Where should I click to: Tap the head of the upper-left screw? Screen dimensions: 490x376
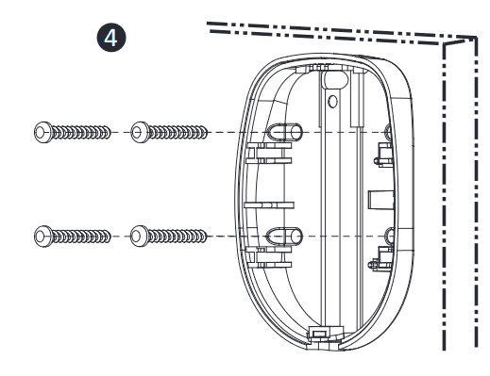[42, 132]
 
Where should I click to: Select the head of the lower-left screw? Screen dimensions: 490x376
[42, 237]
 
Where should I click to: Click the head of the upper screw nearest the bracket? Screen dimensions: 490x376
[140, 132]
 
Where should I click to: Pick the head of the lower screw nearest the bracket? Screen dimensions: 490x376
[140, 237]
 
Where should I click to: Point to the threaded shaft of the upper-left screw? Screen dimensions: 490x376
[81, 132]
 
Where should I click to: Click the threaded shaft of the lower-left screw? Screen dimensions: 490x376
[81, 237]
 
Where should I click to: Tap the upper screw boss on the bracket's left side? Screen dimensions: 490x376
[285, 132]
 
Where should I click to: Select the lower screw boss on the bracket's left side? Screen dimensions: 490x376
[285, 236]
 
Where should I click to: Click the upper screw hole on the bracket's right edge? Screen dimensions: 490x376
[389, 131]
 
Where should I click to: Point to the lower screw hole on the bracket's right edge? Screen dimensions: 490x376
[390, 236]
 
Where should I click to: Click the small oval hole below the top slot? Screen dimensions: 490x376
[332, 101]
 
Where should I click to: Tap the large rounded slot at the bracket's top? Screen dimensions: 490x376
[335, 79]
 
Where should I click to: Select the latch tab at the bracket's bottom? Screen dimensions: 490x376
[321, 333]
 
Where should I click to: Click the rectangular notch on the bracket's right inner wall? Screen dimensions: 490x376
[380, 200]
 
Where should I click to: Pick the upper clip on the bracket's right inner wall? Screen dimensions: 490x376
[383, 155]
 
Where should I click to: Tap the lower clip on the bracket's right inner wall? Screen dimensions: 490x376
[382, 259]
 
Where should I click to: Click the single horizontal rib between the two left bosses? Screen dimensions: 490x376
[269, 205]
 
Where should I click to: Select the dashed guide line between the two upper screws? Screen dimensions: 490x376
[121, 132]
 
